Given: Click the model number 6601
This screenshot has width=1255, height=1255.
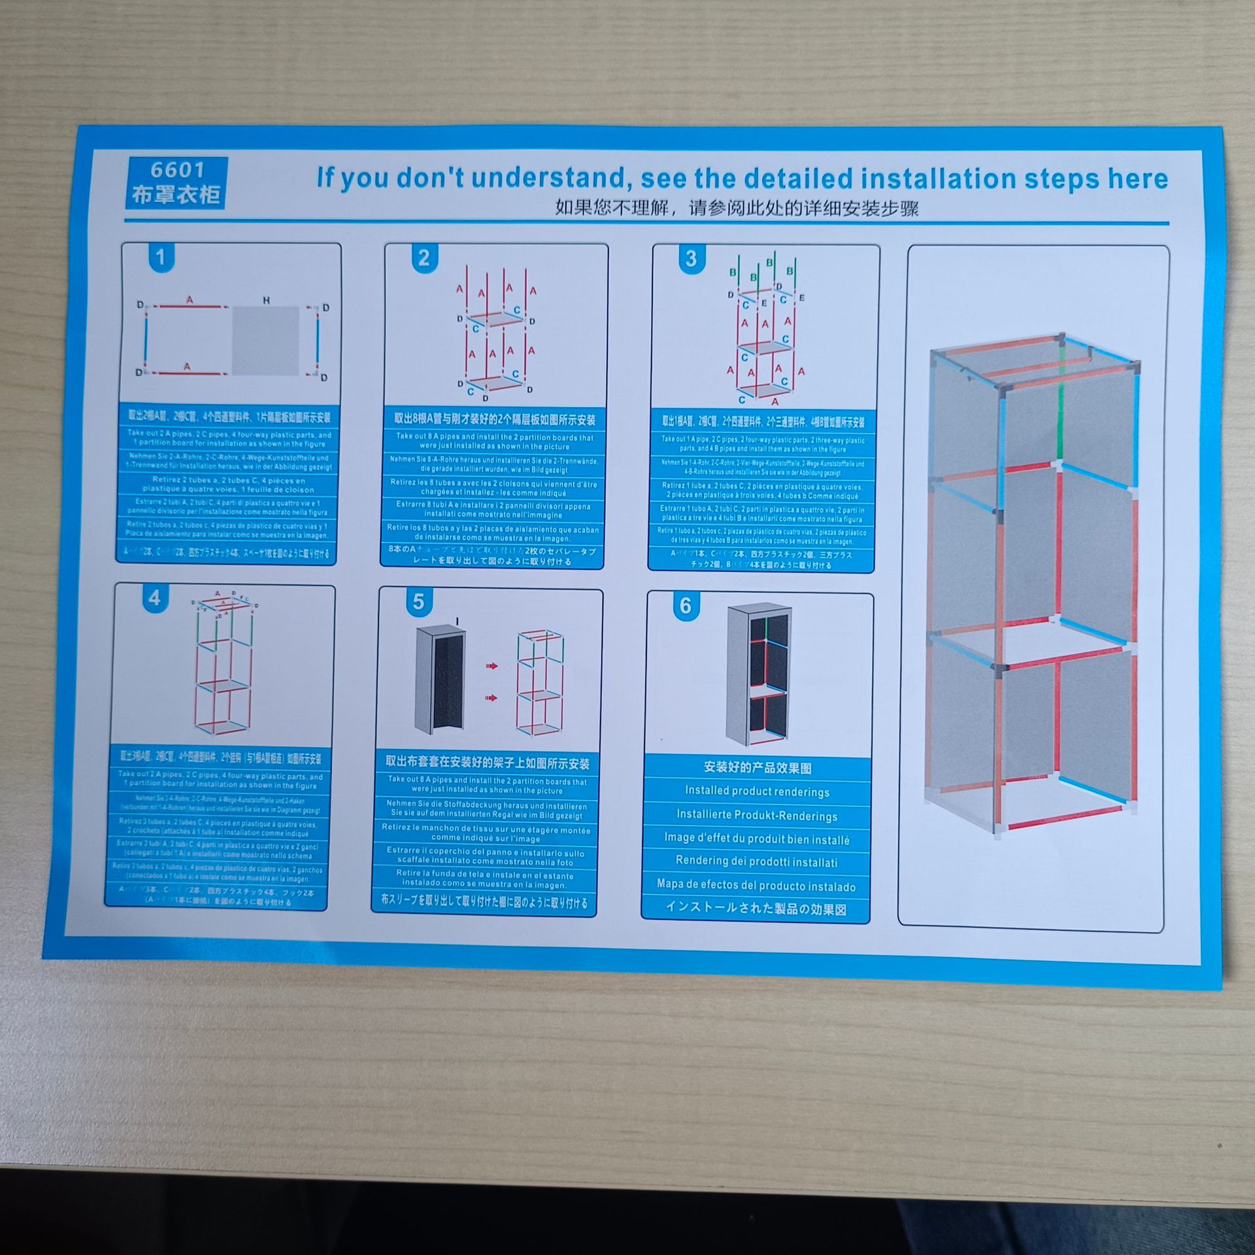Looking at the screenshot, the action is pos(177,171).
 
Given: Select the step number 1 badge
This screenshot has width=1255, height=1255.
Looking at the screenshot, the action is pos(161,258).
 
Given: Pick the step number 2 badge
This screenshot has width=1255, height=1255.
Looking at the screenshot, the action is pos(424,258).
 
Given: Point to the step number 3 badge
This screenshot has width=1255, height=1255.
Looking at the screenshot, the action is pos(690,259).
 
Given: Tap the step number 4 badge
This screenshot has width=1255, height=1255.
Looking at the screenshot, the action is pos(154,598).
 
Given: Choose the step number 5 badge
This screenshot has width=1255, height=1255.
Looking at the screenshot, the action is pos(418,602).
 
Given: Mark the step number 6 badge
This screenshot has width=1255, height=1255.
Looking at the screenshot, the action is pos(684,606).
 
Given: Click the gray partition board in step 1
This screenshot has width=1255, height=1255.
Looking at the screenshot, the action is pos(265,341).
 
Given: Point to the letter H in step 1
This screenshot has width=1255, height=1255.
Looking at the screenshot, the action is pos(266,301).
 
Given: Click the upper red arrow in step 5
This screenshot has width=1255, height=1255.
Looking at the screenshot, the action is pos(492,666).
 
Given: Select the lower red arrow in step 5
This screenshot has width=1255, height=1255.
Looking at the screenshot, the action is pos(492,698).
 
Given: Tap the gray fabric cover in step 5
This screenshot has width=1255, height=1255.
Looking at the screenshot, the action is pos(440,679).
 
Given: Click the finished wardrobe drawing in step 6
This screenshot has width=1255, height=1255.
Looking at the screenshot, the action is pos(758,673).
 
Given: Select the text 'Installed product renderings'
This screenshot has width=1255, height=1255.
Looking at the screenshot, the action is pos(757,792).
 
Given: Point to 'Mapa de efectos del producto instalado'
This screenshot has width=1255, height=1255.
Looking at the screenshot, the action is pos(756,886).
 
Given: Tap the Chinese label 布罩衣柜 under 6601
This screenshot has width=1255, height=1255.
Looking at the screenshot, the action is pos(176,195).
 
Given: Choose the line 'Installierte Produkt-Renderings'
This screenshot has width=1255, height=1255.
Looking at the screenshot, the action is pos(757,816).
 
